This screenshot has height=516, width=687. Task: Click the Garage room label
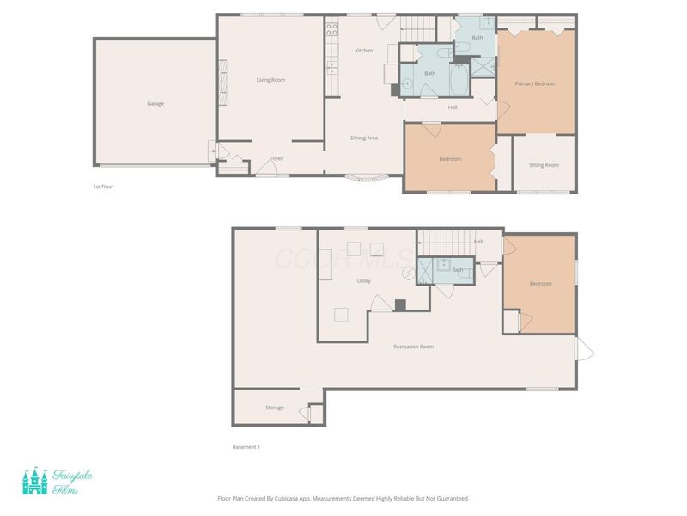coord(155,104)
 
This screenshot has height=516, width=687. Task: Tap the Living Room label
coord(271,80)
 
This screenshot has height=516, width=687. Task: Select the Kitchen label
coord(363,51)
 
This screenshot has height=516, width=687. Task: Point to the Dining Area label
coord(364,138)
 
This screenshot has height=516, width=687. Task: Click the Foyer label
coord(277,158)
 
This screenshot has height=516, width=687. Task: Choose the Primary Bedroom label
coord(535,83)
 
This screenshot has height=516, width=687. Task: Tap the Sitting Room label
coord(544,165)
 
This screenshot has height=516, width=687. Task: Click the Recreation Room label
coord(413,347)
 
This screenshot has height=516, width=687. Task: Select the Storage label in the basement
coord(274,408)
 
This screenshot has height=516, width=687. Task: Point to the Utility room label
coord(363,281)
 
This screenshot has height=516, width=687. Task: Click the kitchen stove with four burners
coord(331,29)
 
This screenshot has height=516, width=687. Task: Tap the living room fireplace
coord(223,83)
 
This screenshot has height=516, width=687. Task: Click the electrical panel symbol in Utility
coord(409,273)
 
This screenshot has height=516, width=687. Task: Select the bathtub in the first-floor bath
coord(459,79)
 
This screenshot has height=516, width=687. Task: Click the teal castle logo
coord(35,481)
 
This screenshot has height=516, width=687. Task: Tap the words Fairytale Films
coord(72,482)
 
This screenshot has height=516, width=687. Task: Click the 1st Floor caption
coord(103,187)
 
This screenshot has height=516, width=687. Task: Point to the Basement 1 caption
coord(246,447)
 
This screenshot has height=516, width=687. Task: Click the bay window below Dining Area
coord(367,178)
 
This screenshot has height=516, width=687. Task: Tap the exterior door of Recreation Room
coord(584,349)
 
